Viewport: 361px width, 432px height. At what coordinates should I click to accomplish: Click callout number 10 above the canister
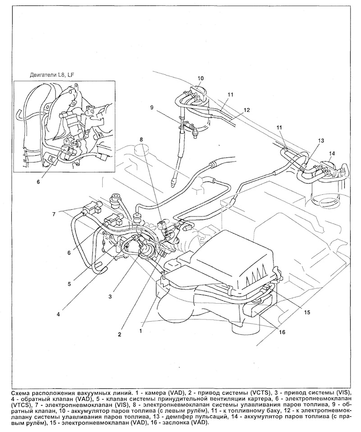pos(201,78)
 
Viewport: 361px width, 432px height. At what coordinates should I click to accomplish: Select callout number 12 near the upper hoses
pos(247,110)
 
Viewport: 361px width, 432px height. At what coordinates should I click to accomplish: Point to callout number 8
pos(142,139)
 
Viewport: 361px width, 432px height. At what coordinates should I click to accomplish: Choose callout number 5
pos(70,283)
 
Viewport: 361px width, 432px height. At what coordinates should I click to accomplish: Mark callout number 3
pos(110,297)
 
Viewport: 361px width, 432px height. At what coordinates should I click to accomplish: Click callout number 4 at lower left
pos(59,314)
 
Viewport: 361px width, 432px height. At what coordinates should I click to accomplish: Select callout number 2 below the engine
pos(119,334)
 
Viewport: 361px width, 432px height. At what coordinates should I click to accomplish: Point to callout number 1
pos(141,331)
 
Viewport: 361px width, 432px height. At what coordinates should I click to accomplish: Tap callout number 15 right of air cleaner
pos(307,312)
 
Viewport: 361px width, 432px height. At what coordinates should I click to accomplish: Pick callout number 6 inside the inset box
pos(38,182)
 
